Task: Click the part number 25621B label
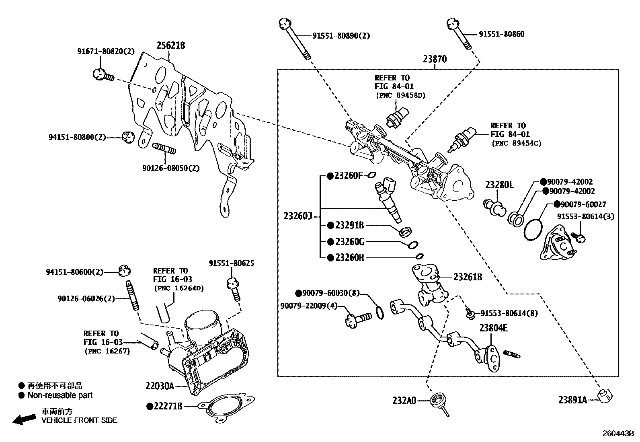[x=170, y=45]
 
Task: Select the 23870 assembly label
[x=435, y=60]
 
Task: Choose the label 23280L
[x=499, y=185]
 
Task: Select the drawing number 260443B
[x=617, y=434]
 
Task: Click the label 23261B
[x=468, y=277]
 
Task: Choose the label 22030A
[x=160, y=386]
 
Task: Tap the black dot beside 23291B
[x=330, y=225]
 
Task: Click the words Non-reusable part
[x=60, y=395]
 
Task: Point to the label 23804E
[x=493, y=328]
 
